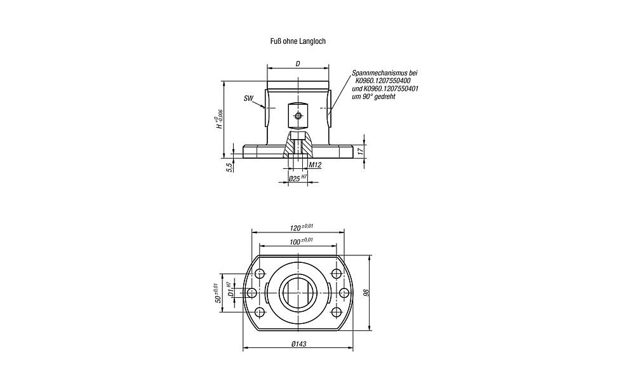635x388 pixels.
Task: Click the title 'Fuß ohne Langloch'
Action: click(298, 41)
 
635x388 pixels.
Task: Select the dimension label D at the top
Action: click(298, 64)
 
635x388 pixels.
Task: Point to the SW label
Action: click(249, 98)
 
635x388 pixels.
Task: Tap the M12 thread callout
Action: click(315, 165)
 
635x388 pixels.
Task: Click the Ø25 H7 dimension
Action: click(297, 178)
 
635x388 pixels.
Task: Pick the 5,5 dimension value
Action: click(229, 167)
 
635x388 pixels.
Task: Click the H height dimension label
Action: click(220, 119)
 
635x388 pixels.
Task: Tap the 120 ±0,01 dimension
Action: click(302, 227)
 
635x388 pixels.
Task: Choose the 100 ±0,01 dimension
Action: click(302, 241)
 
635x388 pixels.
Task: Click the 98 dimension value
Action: click(366, 293)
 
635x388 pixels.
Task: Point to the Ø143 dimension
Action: click(298, 344)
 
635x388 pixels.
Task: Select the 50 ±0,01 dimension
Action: click(217, 293)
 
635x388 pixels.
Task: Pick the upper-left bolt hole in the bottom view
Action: click(260, 273)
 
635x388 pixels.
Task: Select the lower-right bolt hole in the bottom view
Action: click(336, 312)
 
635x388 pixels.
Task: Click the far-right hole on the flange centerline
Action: click(344, 292)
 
